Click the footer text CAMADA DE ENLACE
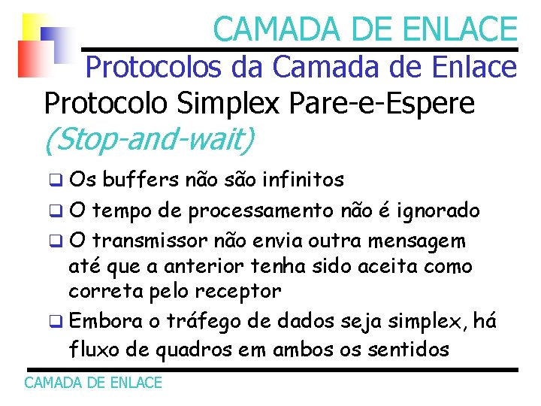tap(93, 383)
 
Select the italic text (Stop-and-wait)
tap(150, 139)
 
